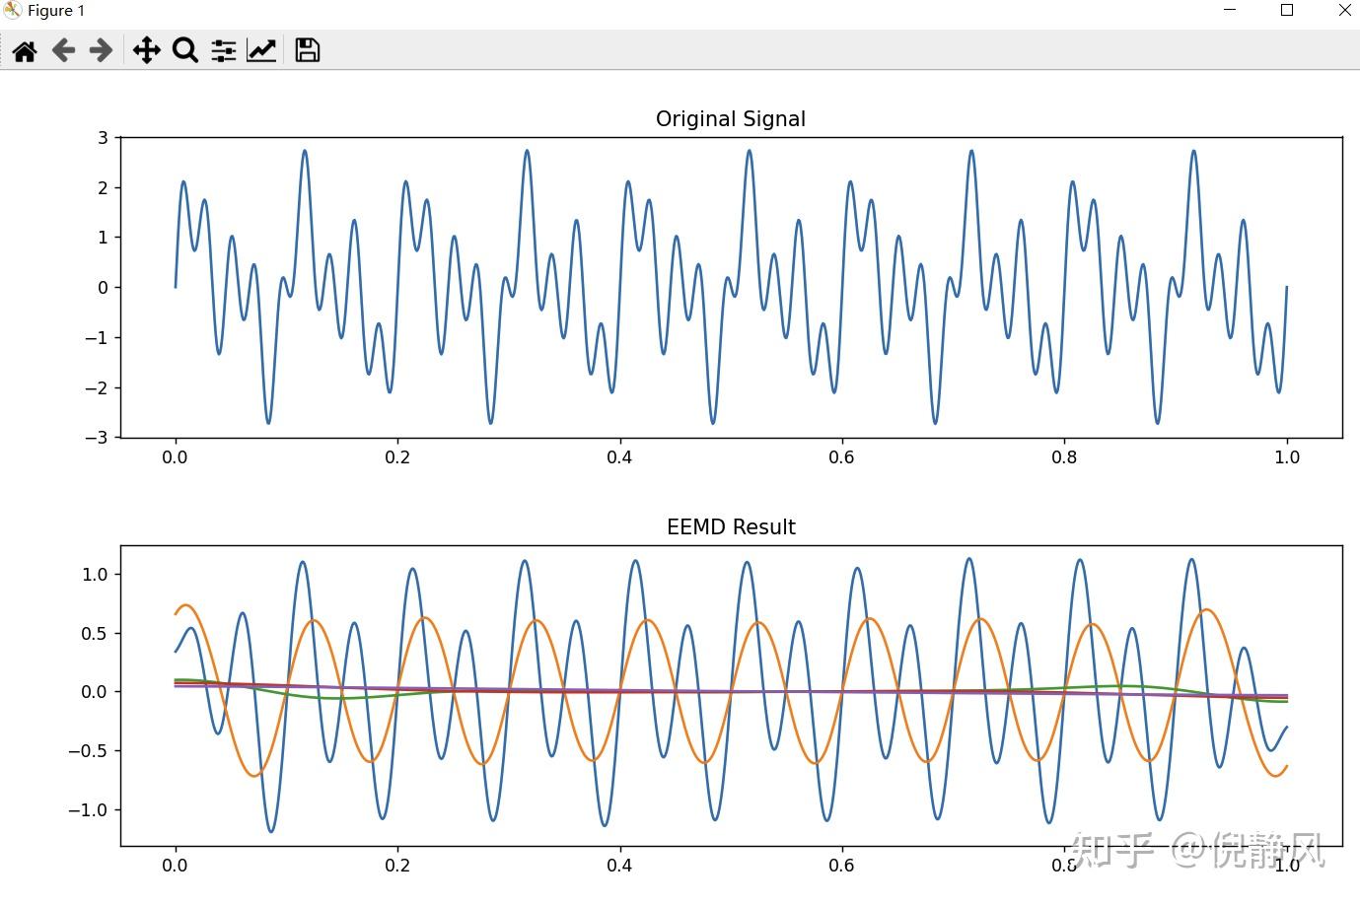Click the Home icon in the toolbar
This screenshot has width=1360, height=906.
tap(25, 51)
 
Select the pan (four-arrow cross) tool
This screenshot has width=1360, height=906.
tap(146, 51)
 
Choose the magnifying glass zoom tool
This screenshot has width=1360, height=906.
tap(184, 50)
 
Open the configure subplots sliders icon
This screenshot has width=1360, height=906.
tap(224, 51)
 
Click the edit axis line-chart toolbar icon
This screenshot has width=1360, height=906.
tap(261, 50)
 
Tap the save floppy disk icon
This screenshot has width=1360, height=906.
tap(308, 50)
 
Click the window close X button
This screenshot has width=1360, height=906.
tap(1344, 11)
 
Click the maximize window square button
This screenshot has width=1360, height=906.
tap(1287, 11)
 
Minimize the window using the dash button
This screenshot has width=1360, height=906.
tap(1230, 11)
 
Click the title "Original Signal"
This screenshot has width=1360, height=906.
tap(730, 119)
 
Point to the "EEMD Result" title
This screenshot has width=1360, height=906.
tap(731, 527)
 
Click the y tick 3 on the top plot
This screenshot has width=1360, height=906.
tap(103, 138)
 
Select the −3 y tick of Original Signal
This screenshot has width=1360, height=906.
tap(97, 438)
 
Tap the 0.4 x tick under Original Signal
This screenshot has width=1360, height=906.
tap(619, 457)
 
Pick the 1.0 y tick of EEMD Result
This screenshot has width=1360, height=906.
tap(95, 575)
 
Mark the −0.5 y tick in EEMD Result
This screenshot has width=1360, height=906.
tap(89, 751)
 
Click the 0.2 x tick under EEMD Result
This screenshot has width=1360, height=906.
tap(397, 866)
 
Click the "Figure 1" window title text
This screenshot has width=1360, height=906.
tap(56, 11)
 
